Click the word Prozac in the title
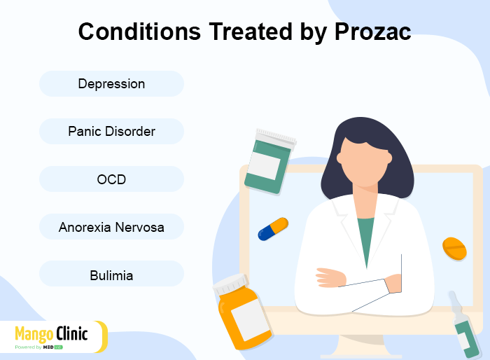pyautogui.click(x=372, y=32)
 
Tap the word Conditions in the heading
pyautogui.click(x=139, y=32)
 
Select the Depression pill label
pyautogui.click(x=111, y=84)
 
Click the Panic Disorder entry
pyautogui.click(x=111, y=132)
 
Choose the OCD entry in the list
pyautogui.click(x=111, y=179)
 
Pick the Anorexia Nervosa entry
pyautogui.click(x=111, y=227)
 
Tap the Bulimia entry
pyautogui.click(x=111, y=275)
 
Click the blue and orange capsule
pyautogui.click(x=273, y=229)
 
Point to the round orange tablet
pyautogui.click(x=454, y=249)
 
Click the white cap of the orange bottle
pyautogui.click(x=230, y=284)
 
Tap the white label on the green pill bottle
pyautogui.click(x=265, y=165)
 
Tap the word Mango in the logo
pyautogui.click(x=34, y=334)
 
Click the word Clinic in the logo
pyautogui.click(x=72, y=333)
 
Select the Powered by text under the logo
pyautogui.click(x=28, y=347)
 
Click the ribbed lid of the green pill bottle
pyautogui.click(x=276, y=138)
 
